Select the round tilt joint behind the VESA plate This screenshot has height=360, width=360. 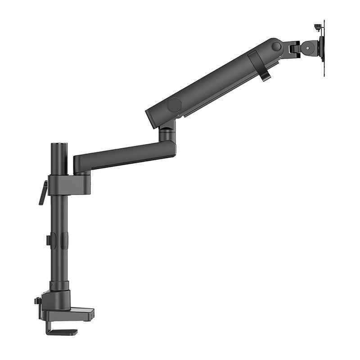[x=309, y=46]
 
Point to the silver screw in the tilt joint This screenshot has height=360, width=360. [x=307, y=46]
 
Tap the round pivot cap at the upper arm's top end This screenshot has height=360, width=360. [x=277, y=46]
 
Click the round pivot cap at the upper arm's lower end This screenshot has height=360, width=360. [x=174, y=105]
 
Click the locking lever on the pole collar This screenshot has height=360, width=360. [x=43, y=193]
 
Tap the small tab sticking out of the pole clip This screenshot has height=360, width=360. [x=48, y=240]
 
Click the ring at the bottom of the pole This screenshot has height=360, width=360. [x=59, y=286]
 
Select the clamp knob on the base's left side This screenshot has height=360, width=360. [x=37, y=301]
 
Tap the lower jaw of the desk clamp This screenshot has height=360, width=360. [x=63, y=332]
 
